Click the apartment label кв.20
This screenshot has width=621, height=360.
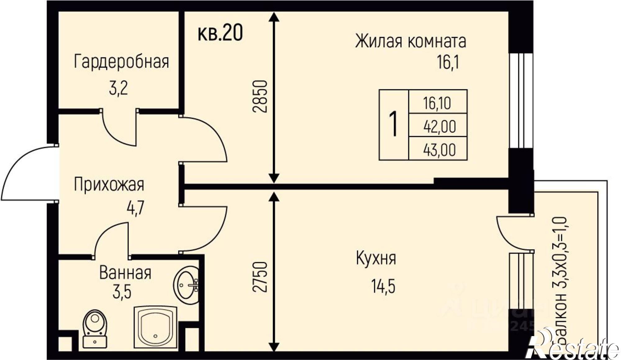pyautogui.click(x=220, y=33)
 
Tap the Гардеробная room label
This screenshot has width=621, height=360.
pyautogui.click(x=121, y=62)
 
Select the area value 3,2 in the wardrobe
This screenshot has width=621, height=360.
pyautogui.click(x=118, y=89)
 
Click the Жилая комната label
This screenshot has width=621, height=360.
pyautogui.click(x=410, y=42)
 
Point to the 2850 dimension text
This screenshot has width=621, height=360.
pyautogui.click(x=260, y=96)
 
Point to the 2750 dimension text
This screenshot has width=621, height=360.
pyautogui.click(x=260, y=277)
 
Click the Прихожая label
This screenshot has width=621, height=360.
pyautogui.click(x=109, y=185)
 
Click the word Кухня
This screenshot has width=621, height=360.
pyautogui.click(x=376, y=258)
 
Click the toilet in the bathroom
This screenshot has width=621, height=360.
pyautogui.click(x=95, y=328)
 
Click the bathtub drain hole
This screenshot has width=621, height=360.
pyautogui.click(x=155, y=336)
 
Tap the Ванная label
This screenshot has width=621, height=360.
pyautogui.click(x=125, y=273)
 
